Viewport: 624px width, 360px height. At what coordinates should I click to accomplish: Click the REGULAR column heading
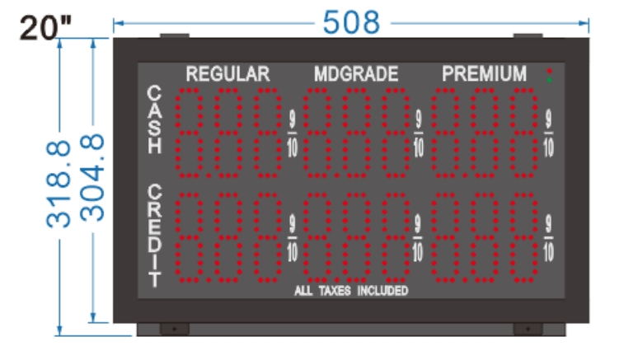pyautogui.click(x=228, y=74)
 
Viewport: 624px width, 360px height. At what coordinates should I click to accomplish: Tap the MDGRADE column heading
pyautogui.click(x=356, y=74)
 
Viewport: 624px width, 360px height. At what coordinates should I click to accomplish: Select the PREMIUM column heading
pyautogui.click(x=485, y=74)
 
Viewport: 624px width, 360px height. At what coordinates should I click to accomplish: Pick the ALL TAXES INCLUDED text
pyautogui.click(x=351, y=291)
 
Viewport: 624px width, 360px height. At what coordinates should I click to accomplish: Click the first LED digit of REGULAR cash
pyautogui.click(x=192, y=133)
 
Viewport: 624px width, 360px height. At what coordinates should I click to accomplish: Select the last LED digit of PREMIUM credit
pyautogui.click(x=523, y=237)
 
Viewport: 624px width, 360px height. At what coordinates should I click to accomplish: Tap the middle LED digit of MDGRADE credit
pyautogui.click(x=356, y=237)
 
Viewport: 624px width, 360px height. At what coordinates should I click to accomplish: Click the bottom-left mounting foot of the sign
pyautogui.click(x=174, y=328)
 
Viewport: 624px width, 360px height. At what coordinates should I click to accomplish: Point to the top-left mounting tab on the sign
pyautogui.click(x=174, y=36)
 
